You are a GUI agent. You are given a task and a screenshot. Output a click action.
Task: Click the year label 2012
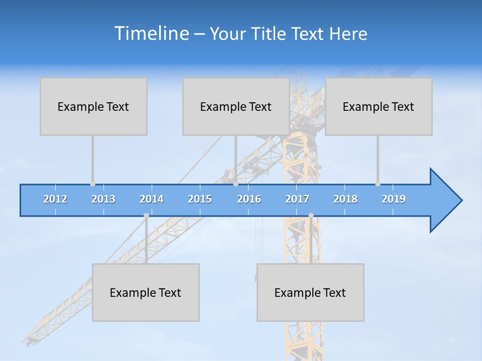(x=55, y=199)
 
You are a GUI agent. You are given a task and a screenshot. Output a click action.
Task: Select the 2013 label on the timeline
(x=103, y=199)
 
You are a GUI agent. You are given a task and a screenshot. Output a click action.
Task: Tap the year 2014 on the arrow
(x=152, y=199)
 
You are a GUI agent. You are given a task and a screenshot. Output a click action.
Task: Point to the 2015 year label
(x=200, y=199)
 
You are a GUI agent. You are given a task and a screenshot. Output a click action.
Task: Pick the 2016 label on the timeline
(x=249, y=199)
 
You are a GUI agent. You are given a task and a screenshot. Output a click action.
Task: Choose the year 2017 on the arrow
(x=297, y=199)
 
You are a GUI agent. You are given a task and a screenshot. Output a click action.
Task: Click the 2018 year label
(x=345, y=199)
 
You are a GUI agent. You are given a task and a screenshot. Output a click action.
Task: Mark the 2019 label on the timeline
(x=394, y=199)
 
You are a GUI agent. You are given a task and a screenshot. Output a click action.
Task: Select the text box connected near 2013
(x=93, y=107)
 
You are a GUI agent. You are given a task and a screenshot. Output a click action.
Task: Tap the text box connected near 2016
(x=236, y=107)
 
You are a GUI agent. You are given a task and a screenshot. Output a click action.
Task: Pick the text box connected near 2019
(x=379, y=107)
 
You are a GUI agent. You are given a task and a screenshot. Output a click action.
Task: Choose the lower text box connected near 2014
(x=146, y=293)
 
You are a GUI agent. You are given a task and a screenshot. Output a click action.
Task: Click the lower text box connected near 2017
(x=310, y=293)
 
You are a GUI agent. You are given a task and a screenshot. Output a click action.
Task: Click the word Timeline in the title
(x=151, y=34)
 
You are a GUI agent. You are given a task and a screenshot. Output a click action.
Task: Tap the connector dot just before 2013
(x=92, y=184)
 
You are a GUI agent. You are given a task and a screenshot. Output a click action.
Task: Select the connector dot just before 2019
(x=378, y=184)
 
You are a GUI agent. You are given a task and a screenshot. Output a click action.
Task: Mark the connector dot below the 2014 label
(x=146, y=216)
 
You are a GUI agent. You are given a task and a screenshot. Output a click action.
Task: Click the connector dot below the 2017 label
(x=311, y=216)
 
